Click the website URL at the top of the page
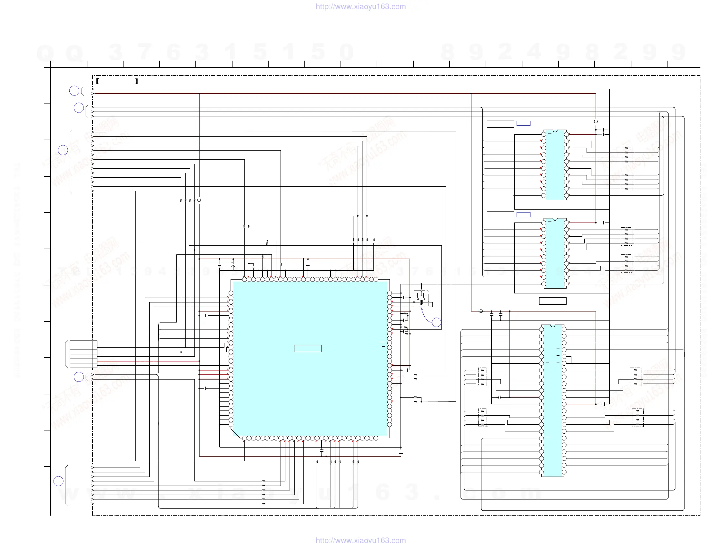(x=361, y=6)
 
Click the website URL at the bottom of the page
(x=361, y=540)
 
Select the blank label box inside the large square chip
(x=308, y=349)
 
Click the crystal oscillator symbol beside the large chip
(x=421, y=302)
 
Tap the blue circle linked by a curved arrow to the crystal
(x=436, y=322)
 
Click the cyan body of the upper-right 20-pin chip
(x=555, y=165)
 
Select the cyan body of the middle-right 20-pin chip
(x=555, y=253)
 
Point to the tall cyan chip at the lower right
(x=553, y=401)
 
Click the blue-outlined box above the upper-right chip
(x=524, y=123)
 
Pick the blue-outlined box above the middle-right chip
(x=524, y=214)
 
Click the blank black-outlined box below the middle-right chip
(x=553, y=301)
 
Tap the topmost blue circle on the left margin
(x=74, y=91)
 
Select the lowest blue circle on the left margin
(x=58, y=481)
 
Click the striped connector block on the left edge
(x=83, y=354)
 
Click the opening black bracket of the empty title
(x=97, y=82)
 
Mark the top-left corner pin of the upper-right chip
(x=544, y=134)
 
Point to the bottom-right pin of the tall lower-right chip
(x=564, y=472)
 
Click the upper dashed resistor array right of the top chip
(x=626, y=155)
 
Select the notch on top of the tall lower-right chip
(x=553, y=326)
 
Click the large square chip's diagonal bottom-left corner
(x=236, y=433)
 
